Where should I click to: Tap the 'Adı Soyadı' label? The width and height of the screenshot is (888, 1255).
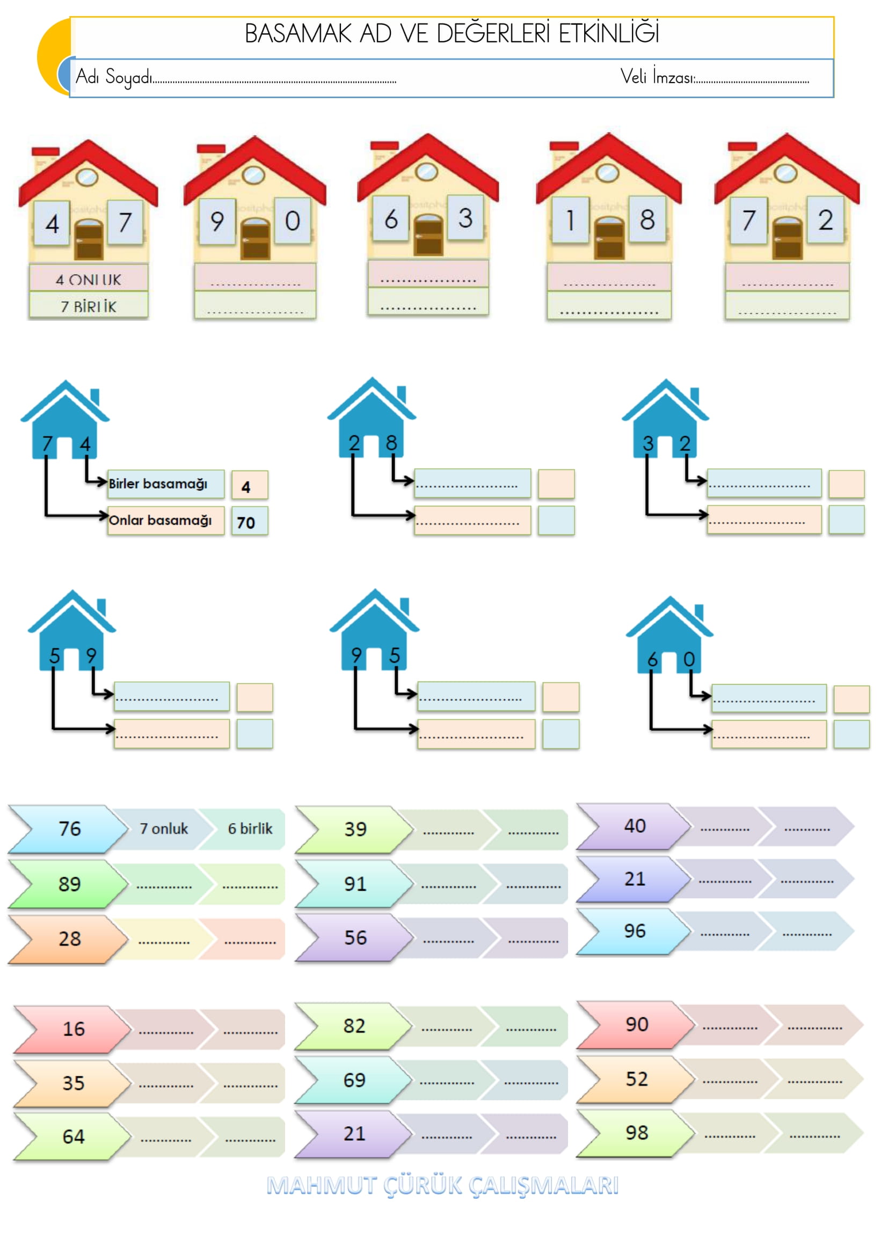(114, 77)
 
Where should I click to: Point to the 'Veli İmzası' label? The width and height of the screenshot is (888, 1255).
(657, 77)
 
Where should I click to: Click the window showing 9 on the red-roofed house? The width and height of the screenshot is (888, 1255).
(217, 222)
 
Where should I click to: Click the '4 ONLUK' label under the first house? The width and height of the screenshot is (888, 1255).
(89, 280)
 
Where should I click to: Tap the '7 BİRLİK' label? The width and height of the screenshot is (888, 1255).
(89, 307)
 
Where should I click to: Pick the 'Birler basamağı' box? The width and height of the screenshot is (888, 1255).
(165, 484)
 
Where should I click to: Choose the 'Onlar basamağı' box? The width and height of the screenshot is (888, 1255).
(165, 520)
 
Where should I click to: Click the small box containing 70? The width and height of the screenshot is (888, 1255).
(249, 522)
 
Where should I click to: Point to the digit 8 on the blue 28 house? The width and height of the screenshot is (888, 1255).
(391, 443)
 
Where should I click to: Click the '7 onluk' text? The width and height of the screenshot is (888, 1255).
(164, 828)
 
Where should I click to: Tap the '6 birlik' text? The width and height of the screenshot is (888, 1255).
(250, 828)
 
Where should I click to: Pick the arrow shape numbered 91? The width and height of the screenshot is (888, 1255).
(354, 884)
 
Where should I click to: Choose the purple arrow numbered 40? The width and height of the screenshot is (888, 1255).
(634, 826)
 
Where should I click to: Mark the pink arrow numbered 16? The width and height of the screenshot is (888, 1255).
(72, 1029)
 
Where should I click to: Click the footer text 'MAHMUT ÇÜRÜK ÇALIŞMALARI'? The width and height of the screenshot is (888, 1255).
(443, 1186)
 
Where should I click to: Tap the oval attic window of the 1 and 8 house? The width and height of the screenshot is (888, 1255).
(607, 173)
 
